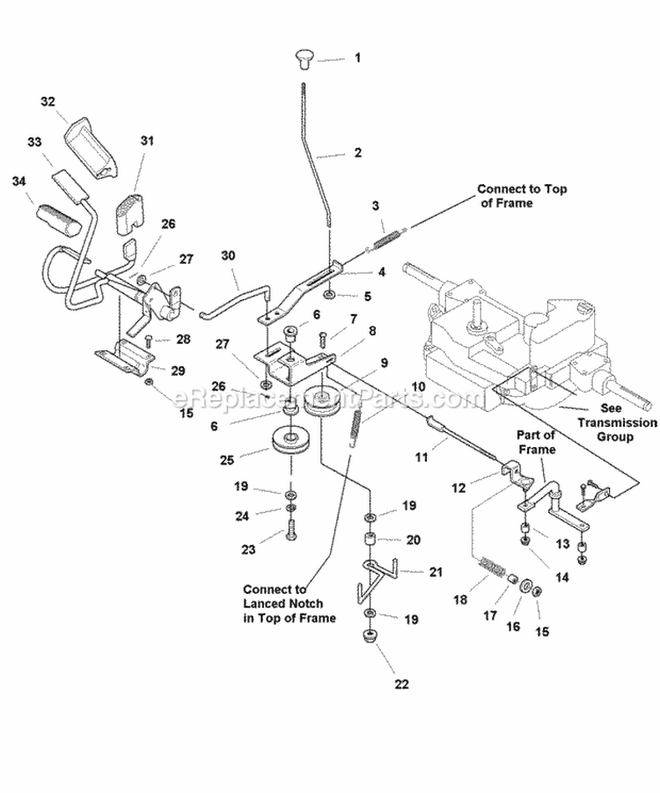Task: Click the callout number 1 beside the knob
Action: (x=357, y=58)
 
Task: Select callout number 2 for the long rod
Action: (x=357, y=152)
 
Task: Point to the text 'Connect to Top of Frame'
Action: (x=517, y=195)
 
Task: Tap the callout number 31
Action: (x=146, y=140)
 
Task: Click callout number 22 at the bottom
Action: (x=377, y=683)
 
